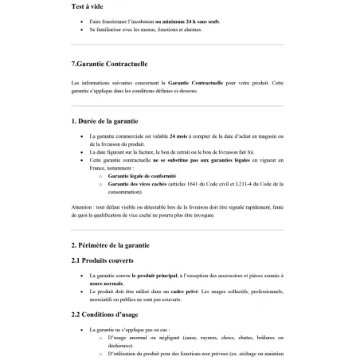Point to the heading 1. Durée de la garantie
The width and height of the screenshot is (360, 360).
(x=109, y=121)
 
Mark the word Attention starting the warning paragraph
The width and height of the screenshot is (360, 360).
(x=82, y=205)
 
